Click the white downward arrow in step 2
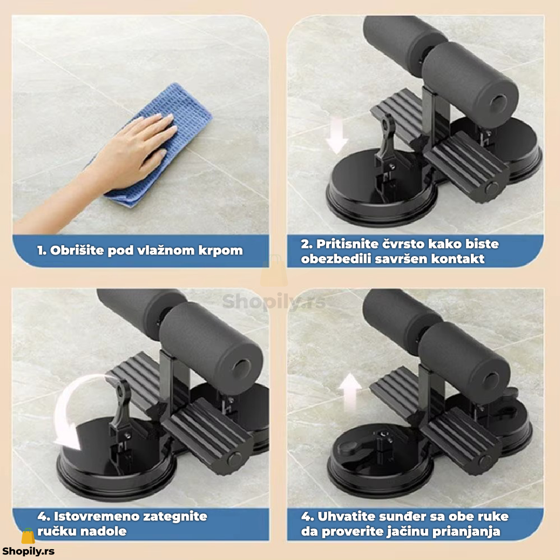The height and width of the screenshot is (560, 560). (337, 136)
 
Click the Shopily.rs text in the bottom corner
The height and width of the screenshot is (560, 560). (28, 551)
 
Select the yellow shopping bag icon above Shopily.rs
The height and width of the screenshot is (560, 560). (28, 536)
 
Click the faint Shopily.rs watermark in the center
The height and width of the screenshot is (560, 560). (274, 302)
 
